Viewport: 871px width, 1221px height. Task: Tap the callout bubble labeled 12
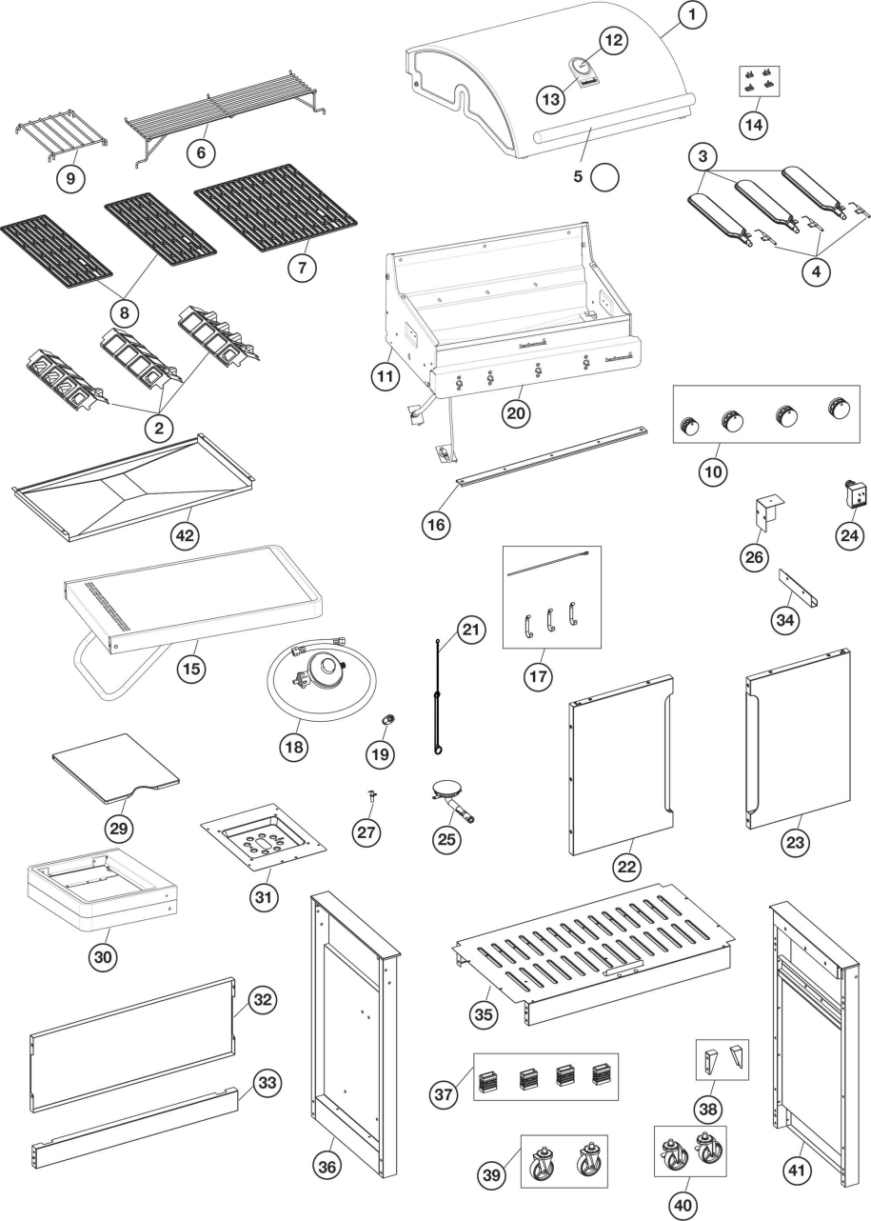614,41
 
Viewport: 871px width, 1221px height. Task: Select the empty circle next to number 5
605,177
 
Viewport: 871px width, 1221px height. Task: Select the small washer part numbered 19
388,718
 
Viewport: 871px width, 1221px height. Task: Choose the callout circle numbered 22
627,867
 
